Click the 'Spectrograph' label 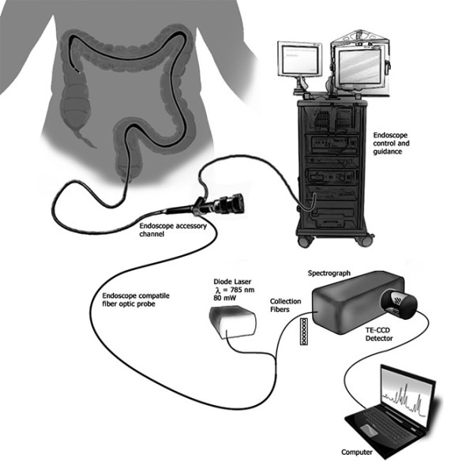(x=329, y=273)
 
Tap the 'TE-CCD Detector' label (x=379, y=334)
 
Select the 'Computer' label (x=356, y=452)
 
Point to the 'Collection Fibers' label (x=286, y=306)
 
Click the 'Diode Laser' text (x=232, y=282)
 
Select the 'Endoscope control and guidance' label (x=391, y=144)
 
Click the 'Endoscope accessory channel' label (x=173, y=230)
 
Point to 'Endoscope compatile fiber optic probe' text (x=136, y=299)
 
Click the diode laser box (x=233, y=322)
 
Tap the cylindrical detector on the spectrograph (x=400, y=303)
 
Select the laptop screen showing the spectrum (x=407, y=393)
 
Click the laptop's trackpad (x=370, y=429)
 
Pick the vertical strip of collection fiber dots (x=303, y=331)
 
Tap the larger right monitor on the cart (x=360, y=67)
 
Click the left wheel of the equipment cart (x=306, y=242)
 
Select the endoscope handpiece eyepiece (x=233, y=203)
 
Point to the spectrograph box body (x=354, y=303)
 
